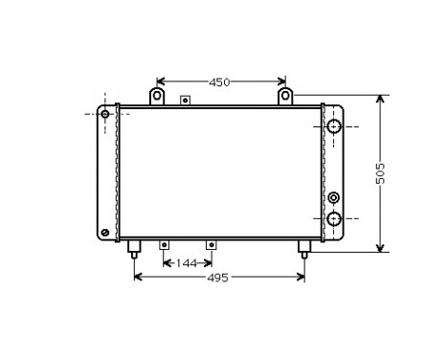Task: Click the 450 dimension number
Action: click(x=220, y=82)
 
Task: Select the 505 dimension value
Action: click(x=380, y=172)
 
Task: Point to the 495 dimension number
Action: click(x=218, y=278)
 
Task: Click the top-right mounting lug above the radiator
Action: click(x=285, y=97)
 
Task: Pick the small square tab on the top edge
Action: click(x=184, y=100)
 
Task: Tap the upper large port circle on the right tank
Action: click(x=334, y=126)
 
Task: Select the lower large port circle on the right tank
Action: click(x=334, y=218)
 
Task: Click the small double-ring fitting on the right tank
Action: click(x=333, y=197)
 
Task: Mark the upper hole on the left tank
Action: click(x=104, y=114)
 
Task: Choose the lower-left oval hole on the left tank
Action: click(x=104, y=233)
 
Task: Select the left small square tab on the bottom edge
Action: click(x=164, y=244)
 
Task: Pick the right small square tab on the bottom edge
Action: click(x=211, y=244)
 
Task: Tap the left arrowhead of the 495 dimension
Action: click(x=137, y=278)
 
